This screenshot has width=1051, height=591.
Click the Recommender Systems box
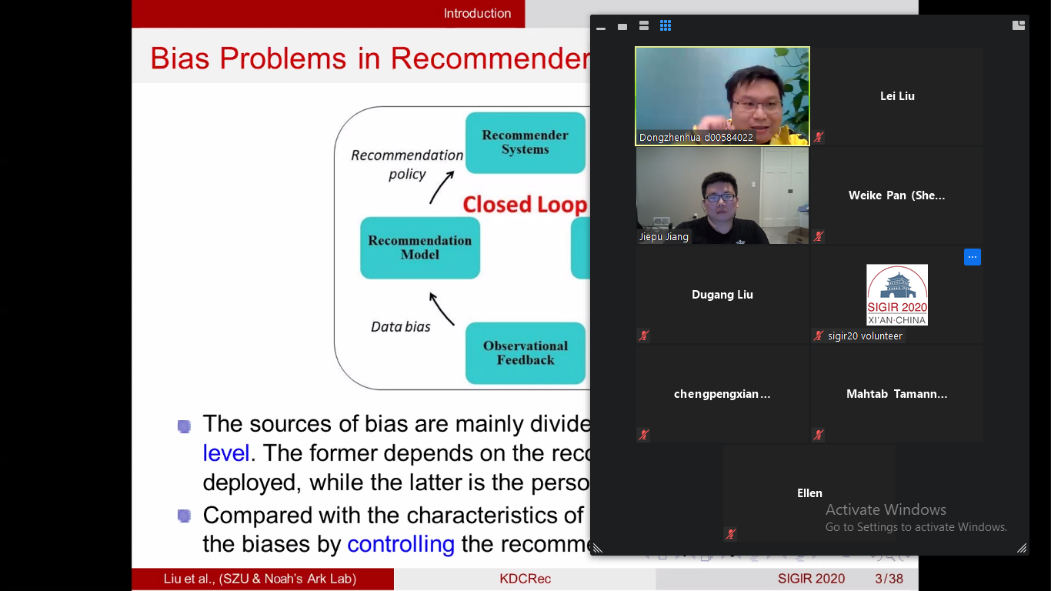pyautogui.click(x=525, y=142)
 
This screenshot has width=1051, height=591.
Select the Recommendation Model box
pyautogui.click(x=420, y=248)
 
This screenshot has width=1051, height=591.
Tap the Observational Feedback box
pyautogui.click(x=525, y=353)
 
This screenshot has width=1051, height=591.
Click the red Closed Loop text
pyautogui.click(x=525, y=205)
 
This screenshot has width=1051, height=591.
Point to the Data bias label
pyautogui.click(x=400, y=327)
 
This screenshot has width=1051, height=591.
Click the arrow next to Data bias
pyautogui.click(x=441, y=309)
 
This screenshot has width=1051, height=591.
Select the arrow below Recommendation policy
pyautogui.click(x=442, y=187)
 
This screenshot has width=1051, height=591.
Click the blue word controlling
pyautogui.click(x=401, y=544)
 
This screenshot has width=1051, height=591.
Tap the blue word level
pyautogui.click(x=225, y=453)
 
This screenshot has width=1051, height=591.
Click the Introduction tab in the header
pyautogui.click(x=477, y=13)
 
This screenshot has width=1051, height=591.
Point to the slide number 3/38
pyautogui.click(x=889, y=579)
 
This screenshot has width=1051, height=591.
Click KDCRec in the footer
pyautogui.click(x=525, y=579)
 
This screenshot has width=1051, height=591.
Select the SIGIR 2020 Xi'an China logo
pyautogui.click(x=896, y=295)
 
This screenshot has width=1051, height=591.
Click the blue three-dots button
pyautogui.click(x=973, y=257)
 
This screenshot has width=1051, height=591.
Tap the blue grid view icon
pyautogui.click(x=666, y=26)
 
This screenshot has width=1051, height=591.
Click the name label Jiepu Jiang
pyautogui.click(x=663, y=236)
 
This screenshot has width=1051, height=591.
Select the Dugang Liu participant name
pyautogui.click(x=722, y=295)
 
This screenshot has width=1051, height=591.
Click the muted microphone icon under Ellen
pyautogui.click(x=730, y=534)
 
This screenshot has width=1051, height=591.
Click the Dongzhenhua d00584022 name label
pyautogui.click(x=696, y=138)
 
